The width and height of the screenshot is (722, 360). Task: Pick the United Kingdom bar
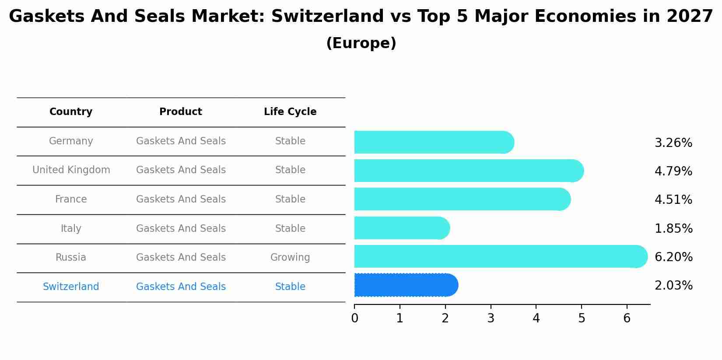coord(468,171)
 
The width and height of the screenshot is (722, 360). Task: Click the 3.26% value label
coord(673,143)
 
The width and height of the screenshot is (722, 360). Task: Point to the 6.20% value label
coord(673,257)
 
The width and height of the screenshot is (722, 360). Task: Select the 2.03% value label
coord(673,286)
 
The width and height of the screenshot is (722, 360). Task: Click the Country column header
coord(71,112)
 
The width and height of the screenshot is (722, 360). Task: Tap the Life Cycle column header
coord(290,112)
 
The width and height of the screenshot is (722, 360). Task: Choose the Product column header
coord(181,112)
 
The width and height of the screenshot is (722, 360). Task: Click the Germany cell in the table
coord(71,141)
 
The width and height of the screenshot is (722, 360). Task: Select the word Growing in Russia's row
coord(290,258)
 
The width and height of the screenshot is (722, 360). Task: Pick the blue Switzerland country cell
coord(71,287)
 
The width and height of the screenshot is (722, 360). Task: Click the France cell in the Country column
coord(71,199)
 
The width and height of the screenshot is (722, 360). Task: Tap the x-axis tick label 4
coord(536,318)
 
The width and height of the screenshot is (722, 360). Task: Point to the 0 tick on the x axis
coord(354,318)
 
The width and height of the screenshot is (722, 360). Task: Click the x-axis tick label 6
coord(627,318)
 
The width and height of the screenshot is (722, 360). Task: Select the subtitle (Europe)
coord(361,43)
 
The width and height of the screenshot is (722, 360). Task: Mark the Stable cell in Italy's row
coord(290,229)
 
